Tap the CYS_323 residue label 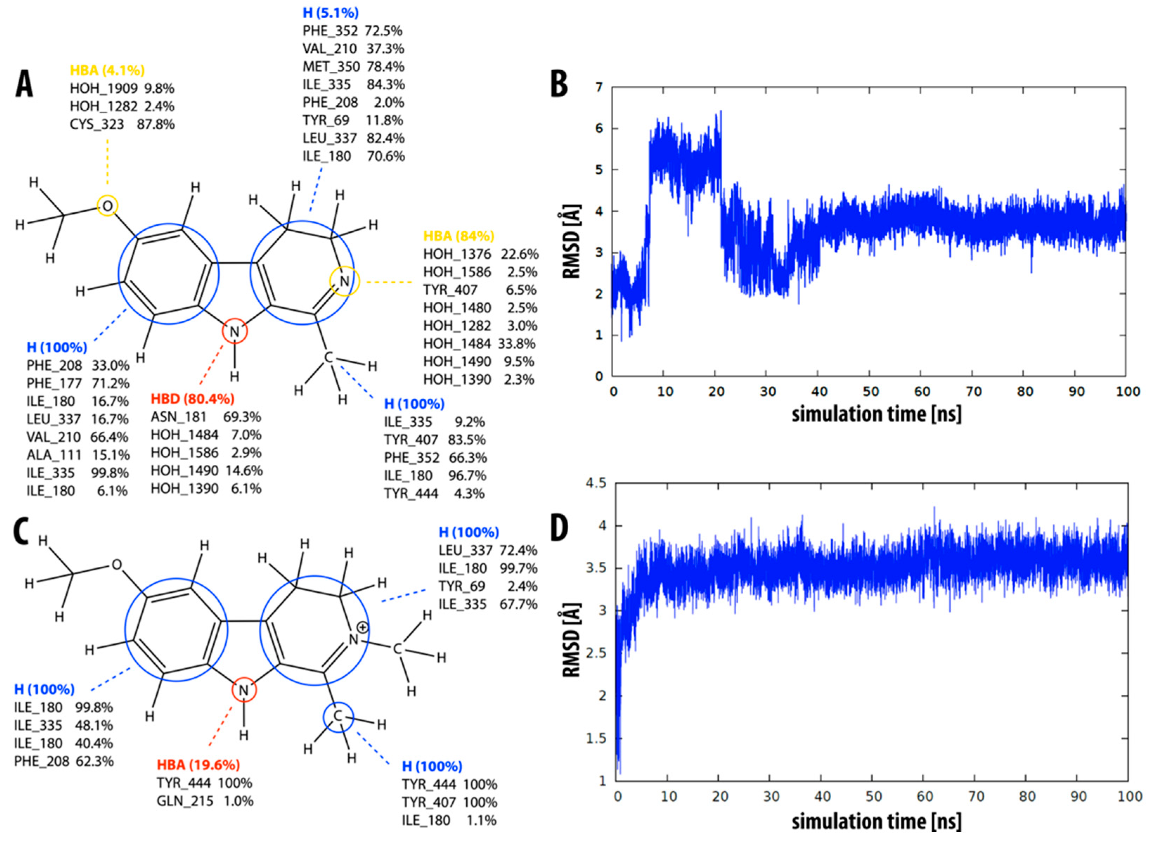(x=97, y=124)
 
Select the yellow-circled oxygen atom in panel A (x=108, y=206)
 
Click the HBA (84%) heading (x=459, y=236)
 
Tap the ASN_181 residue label (x=178, y=417)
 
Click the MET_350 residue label (x=331, y=67)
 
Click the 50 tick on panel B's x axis (x=871, y=391)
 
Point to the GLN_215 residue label (x=185, y=801)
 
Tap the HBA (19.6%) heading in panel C (x=198, y=765)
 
